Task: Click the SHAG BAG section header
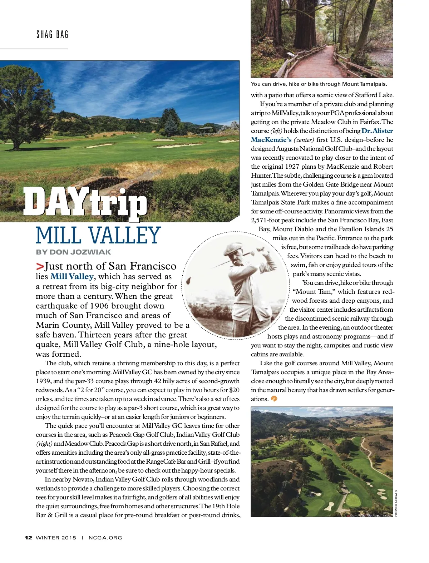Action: pos(52,35)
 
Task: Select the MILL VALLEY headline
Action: pos(98,236)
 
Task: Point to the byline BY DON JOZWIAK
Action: pos(73,252)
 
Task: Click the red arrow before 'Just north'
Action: pos(40,266)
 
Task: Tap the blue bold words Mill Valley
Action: pos(72,276)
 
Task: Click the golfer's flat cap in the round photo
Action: pos(233,248)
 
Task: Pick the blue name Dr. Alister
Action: pos(377,131)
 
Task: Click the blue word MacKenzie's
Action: pos(271,140)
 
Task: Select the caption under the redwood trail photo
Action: pos(319,84)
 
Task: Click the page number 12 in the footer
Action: pos(29,538)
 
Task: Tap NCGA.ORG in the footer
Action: pos(105,538)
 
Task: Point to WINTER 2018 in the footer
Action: pos(56,538)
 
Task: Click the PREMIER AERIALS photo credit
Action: pos(396,503)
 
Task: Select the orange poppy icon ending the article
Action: pos(274,399)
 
